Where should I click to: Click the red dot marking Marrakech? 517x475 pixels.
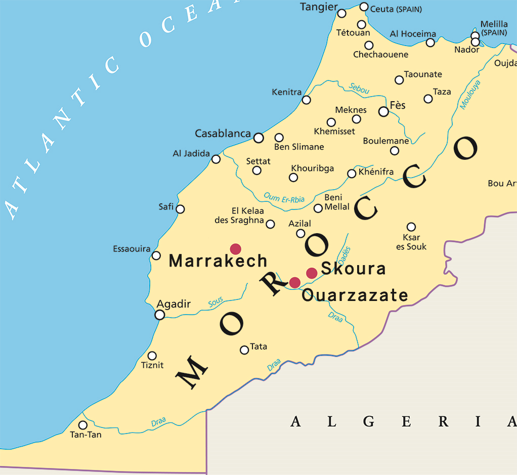[235, 248]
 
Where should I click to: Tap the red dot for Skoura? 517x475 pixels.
[312, 273]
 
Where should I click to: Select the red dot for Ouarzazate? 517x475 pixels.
[294, 282]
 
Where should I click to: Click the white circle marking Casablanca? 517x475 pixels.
[258, 138]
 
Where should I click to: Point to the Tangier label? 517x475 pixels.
[319, 7]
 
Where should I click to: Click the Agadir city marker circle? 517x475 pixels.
[160, 315]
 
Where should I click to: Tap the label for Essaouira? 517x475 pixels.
[132, 249]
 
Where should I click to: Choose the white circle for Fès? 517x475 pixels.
[383, 111]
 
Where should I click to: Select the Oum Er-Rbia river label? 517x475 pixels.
[284, 198]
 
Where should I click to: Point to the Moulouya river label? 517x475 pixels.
[470, 95]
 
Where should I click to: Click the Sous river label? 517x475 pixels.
[216, 303]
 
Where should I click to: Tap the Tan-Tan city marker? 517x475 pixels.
[82, 425]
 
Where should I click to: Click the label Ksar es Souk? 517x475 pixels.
[411, 242]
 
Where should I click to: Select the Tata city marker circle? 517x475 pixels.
[244, 350]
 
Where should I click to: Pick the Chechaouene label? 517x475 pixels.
[380, 55]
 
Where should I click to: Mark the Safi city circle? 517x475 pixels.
[180, 209]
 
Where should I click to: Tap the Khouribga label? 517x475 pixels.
[312, 168]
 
